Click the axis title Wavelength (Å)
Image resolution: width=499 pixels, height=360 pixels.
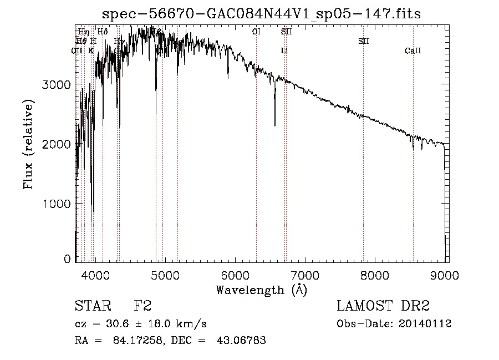(261, 290)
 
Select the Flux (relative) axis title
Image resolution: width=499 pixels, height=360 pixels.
(28, 144)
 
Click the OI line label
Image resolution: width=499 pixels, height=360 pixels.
(256, 32)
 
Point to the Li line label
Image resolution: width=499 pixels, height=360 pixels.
(284, 51)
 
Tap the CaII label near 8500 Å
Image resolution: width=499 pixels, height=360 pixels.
(413, 51)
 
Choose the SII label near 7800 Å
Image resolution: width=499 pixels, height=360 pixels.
(364, 41)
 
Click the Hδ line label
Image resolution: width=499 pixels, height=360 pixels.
(103, 32)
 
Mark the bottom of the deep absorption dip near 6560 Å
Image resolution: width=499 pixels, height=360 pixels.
(275, 125)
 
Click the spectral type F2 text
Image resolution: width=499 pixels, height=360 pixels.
(142, 306)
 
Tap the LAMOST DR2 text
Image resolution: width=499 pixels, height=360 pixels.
(383, 306)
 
